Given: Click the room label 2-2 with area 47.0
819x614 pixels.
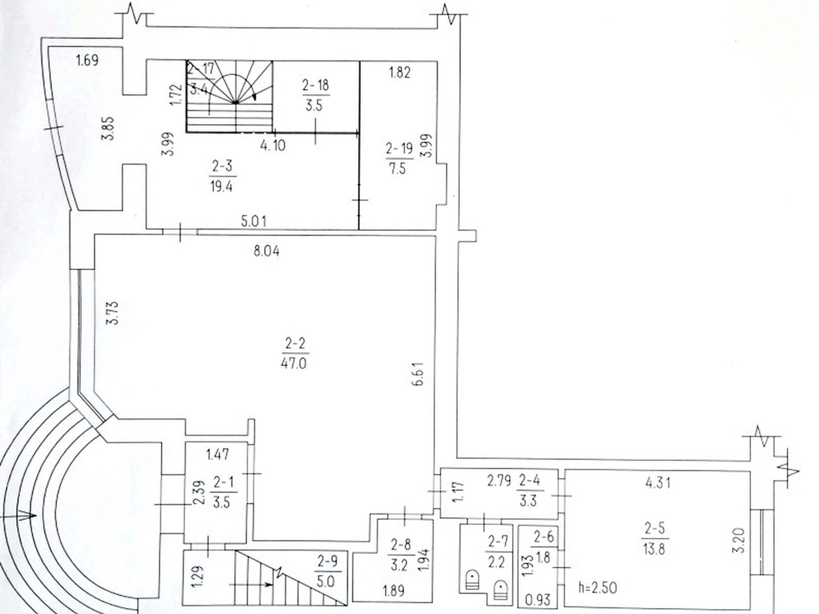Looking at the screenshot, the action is click(295, 344).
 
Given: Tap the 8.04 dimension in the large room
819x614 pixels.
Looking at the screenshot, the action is click(267, 251).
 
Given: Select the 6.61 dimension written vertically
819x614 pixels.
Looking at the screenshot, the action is click(419, 374).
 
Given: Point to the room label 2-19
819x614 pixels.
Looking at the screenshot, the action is click(399, 148).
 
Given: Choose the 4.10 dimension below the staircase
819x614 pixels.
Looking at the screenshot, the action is click(273, 145).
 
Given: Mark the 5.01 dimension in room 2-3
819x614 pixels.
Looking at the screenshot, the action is click(254, 221).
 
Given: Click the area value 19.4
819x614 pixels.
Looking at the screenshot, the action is click(221, 186).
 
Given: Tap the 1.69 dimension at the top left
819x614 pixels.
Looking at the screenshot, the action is click(87, 60).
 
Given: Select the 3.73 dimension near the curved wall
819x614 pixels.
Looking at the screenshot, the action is click(112, 313).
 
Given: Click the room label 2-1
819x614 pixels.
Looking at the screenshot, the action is click(224, 482).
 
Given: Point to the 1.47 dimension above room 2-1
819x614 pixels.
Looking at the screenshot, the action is click(218, 455).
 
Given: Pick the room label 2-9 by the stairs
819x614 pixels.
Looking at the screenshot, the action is click(328, 561).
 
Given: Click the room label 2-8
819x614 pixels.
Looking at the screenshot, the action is click(401, 544).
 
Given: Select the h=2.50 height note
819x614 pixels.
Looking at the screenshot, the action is click(598, 588).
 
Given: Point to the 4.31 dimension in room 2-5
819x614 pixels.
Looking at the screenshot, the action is click(658, 483).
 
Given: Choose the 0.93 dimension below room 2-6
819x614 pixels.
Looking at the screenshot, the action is click(538, 600).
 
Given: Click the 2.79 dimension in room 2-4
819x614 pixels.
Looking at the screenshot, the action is click(499, 481).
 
